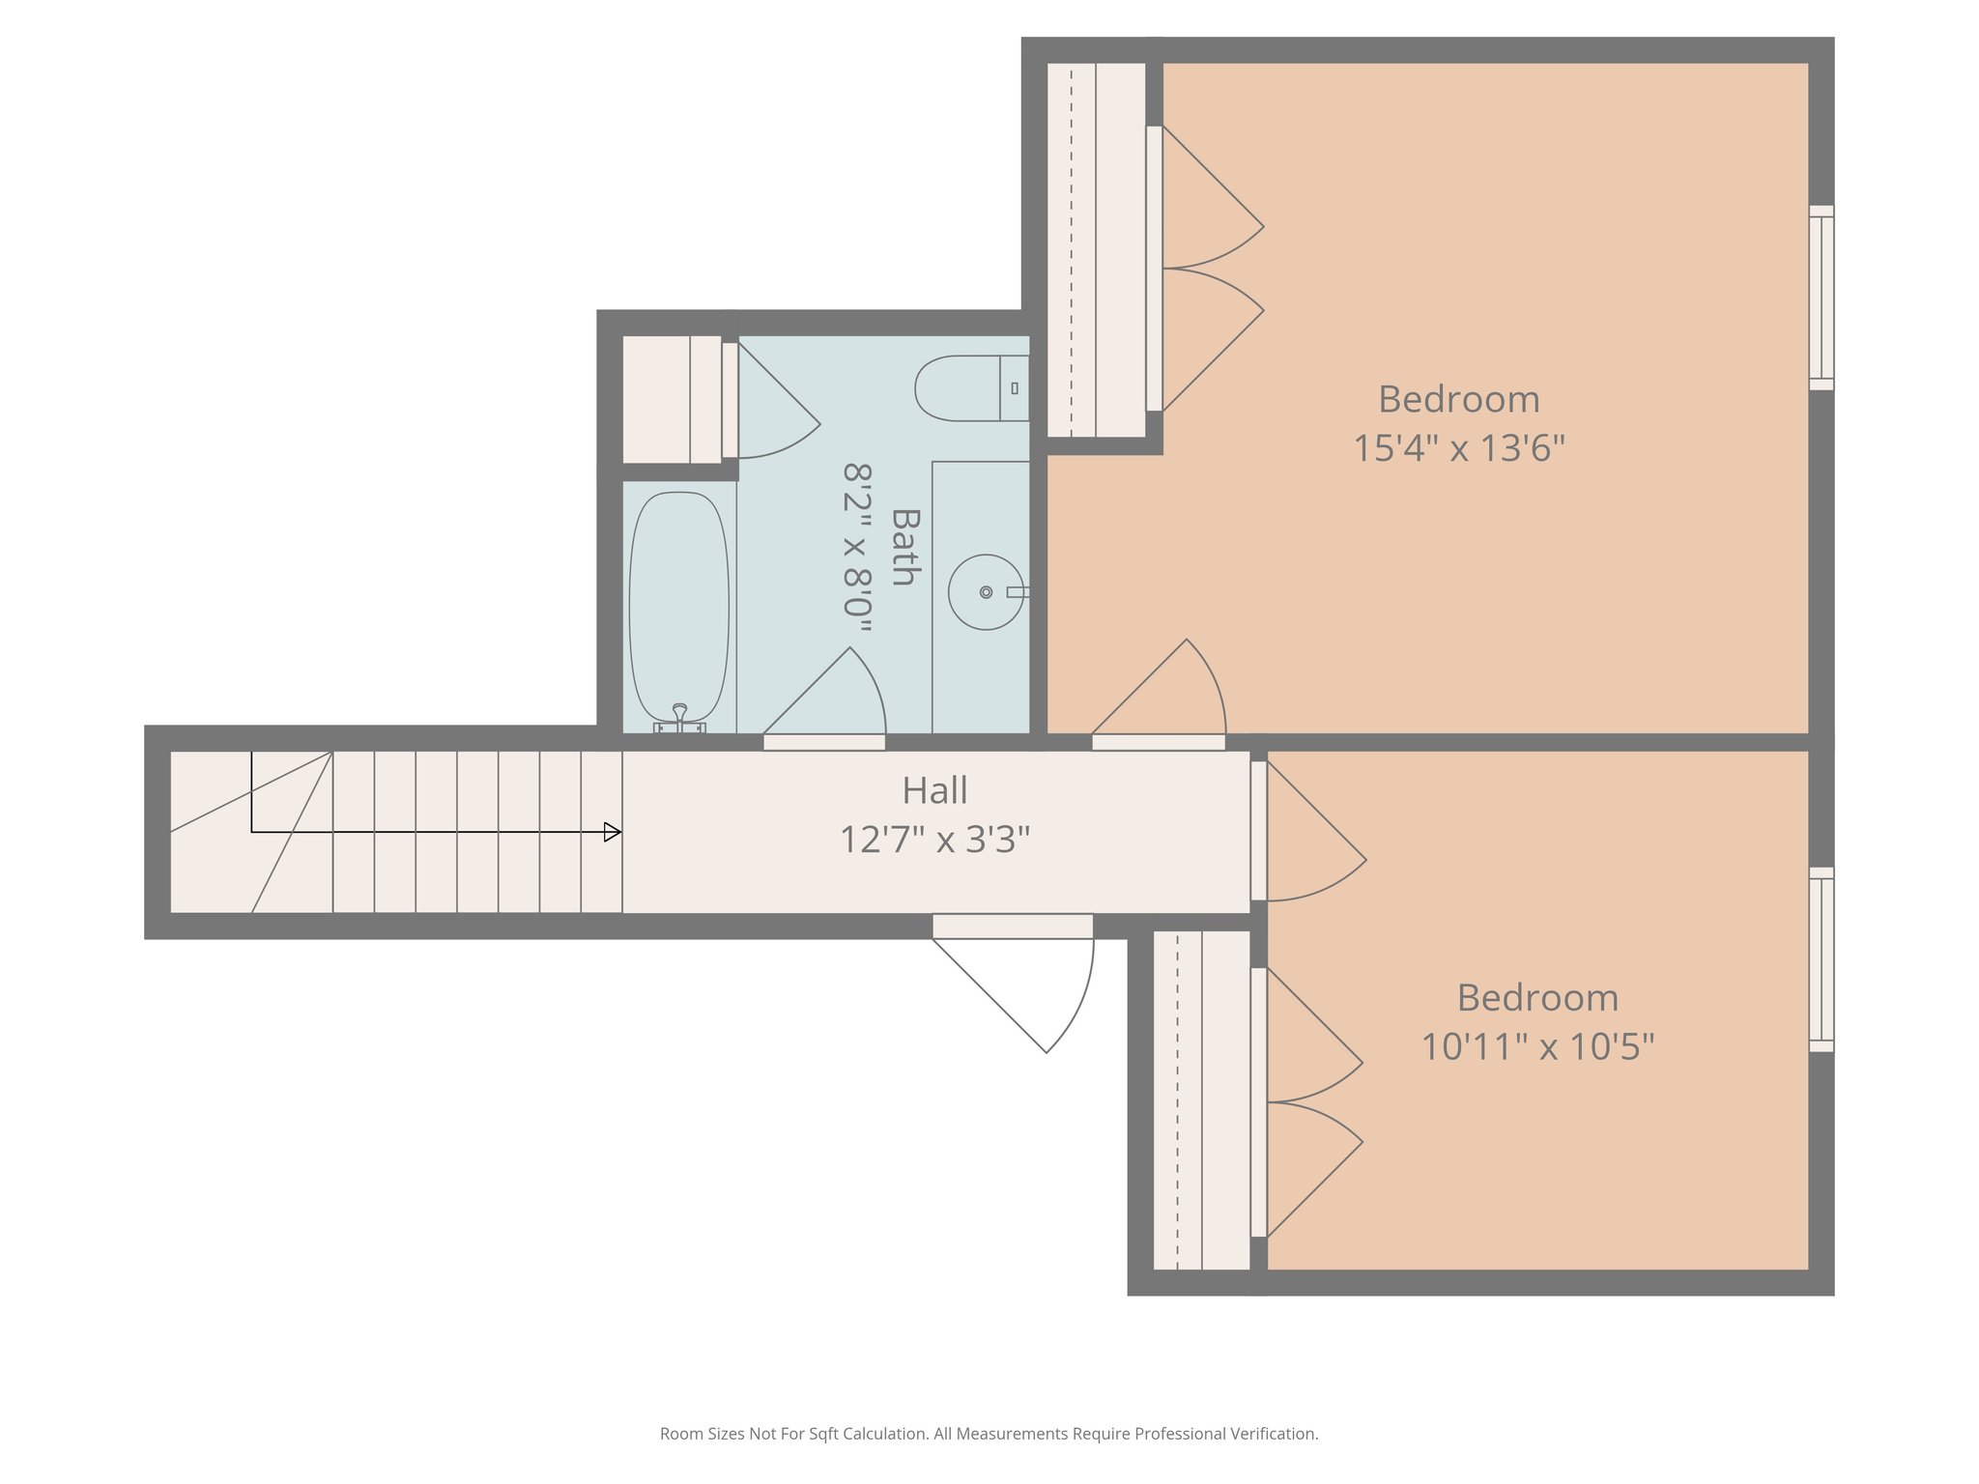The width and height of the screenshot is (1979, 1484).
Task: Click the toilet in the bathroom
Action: click(x=966, y=388)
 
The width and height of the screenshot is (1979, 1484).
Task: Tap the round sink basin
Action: click(x=985, y=591)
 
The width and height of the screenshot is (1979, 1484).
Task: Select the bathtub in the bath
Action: click(x=678, y=607)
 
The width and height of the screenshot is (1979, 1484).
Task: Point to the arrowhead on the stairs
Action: click(x=612, y=832)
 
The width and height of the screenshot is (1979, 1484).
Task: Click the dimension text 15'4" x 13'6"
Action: click(x=1458, y=448)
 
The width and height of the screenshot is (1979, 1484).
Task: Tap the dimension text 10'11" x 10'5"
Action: click(x=1537, y=1046)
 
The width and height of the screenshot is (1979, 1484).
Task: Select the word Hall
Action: click(x=934, y=791)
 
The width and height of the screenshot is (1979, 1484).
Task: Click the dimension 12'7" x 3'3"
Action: click(x=934, y=840)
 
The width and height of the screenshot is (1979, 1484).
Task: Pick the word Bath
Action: click(x=903, y=547)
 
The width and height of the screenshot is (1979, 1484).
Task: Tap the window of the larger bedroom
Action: click(x=1821, y=298)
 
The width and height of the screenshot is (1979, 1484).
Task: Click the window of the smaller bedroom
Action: click(x=1821, y=959)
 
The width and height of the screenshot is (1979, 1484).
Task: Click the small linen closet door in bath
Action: click(x=768, y=406)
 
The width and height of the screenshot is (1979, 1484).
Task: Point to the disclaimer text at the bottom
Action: click(x=989, y=1434)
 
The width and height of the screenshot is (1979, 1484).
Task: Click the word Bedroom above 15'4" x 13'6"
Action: click(x=1458, y=399)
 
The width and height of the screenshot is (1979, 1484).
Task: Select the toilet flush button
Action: click(x=1014, y=388)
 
